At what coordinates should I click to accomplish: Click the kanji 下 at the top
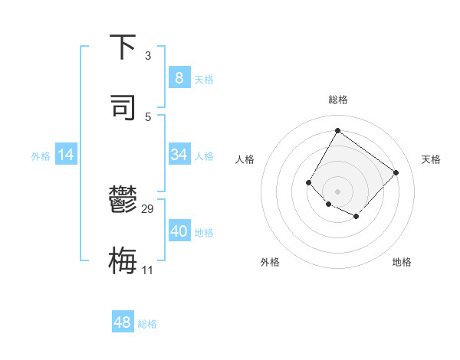pyautogui.click(x=123, y=47)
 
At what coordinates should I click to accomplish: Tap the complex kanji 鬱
pyautogui.click(x=123, y=201)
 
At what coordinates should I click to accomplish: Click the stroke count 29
pyautogui.click(x=148, y=209)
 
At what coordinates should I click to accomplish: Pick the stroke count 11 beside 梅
pyautogui.click(x=148, y=270)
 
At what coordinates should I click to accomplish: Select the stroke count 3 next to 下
pyautogui.click(x=148, y=56)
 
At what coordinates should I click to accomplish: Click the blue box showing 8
pyautogui.click(x=179, y=78)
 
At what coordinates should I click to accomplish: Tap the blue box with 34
pyautogui.click(x=179, y=155)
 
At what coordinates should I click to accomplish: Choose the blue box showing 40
pyautogui.click(x=179, y=231)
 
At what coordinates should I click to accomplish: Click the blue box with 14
pyautogui.click(x=66, y=155)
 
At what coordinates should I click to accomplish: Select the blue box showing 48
pyautogui.click(x=123, y=322)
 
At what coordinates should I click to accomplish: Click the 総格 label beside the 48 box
pyautogui.click(x=147, y=324)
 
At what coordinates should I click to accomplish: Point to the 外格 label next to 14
pyautogui.click(x=41, y=156)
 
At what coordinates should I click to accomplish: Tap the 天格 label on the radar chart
pyautogui.click(x=431, y=159)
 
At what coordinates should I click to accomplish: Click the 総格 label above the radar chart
pyautogui.click(x=337, y=100)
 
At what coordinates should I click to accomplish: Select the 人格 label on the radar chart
pyautogui.click(x=245, y=159)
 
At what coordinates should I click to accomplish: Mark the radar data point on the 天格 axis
pyautogui.click(x=396, y=172)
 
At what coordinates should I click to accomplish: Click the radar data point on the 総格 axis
pyautogui.click(x=337, y=131)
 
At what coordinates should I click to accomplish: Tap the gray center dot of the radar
pyautogui.click(x=337, y=191)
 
